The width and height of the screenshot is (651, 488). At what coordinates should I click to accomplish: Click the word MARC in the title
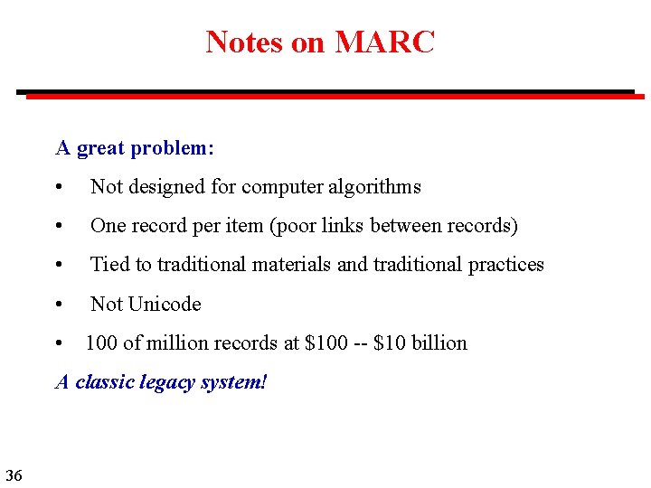(x=384, y=42)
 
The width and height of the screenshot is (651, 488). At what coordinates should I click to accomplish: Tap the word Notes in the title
(x=244, y=42)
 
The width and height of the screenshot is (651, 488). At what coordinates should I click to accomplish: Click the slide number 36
(x=14, y=474)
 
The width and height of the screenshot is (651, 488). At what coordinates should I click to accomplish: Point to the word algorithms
(x=377, y=187)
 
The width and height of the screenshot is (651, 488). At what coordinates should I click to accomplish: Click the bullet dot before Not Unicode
(x=59, y=305)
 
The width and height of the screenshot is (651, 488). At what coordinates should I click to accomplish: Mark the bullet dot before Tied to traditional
(x=59, y=266)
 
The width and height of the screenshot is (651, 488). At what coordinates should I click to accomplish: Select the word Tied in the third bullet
(x=109, y=265)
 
